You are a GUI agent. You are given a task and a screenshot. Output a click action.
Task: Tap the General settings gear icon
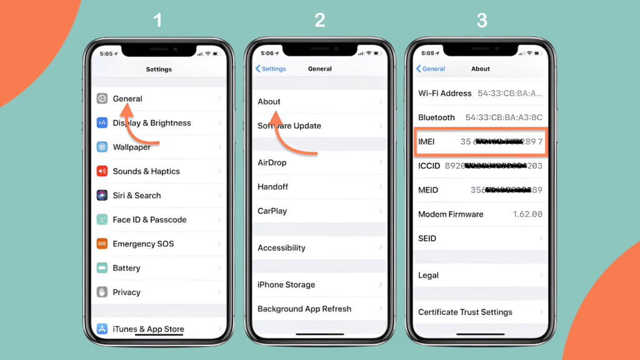[102, 99]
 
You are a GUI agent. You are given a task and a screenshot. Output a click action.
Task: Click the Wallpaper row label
[131, 147]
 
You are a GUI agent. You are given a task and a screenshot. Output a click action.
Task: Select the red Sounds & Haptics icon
[102, 171]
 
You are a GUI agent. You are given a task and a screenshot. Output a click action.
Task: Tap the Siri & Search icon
[102, 196]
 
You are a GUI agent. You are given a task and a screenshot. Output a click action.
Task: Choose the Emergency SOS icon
[102, 244]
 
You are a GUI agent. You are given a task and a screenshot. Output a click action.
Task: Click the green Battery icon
[102, 268]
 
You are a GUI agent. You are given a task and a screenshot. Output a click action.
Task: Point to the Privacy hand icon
[102, 292]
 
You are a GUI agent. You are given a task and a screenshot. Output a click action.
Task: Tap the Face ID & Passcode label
[149, 220]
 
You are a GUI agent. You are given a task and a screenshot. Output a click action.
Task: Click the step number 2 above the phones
[319, 21]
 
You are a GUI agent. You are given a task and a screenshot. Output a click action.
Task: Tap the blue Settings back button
[271, 69]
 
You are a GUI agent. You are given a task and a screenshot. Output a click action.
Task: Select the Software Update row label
[289, 126]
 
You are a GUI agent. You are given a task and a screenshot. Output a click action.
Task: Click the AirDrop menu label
[272, 162]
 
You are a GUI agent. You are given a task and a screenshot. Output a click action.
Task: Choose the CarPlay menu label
[272, 211]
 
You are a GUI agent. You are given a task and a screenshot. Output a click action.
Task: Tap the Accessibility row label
[281, 248]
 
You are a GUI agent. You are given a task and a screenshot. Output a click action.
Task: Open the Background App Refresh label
[304, 309]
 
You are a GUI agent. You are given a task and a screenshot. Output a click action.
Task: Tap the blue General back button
[431, 69]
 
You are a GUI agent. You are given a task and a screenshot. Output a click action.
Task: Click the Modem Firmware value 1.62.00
[527, 214]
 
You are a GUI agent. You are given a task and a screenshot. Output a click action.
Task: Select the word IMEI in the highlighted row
[426, 142]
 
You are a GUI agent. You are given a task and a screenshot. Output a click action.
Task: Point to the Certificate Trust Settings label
[465, 312]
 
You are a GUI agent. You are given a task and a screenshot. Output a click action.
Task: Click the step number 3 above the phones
[481, 21]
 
